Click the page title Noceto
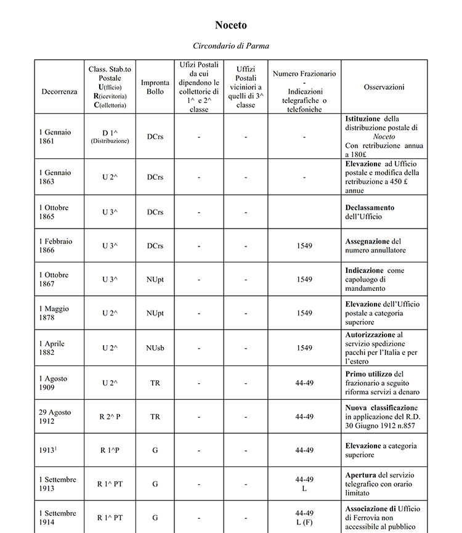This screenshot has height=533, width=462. point(230,25)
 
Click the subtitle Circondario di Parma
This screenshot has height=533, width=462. point(230,46)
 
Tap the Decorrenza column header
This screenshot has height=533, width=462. point(60,91)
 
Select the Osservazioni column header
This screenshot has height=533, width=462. point(384,87)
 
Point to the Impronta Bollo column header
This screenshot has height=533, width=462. point(155,87)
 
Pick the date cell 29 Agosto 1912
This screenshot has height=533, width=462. point(55,417)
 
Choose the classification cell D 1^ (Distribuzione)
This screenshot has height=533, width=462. point(110,136)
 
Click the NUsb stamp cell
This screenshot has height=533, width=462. point(155,348)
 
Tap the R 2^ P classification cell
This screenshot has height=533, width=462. point(110,417)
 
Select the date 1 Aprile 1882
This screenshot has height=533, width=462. point(52,348)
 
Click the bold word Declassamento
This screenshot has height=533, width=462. point(370,208)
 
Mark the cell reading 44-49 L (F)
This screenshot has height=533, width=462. point(304,518)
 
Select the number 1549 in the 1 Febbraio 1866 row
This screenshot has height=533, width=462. point(304,246)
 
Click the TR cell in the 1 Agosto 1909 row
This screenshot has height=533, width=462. point(155,383)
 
